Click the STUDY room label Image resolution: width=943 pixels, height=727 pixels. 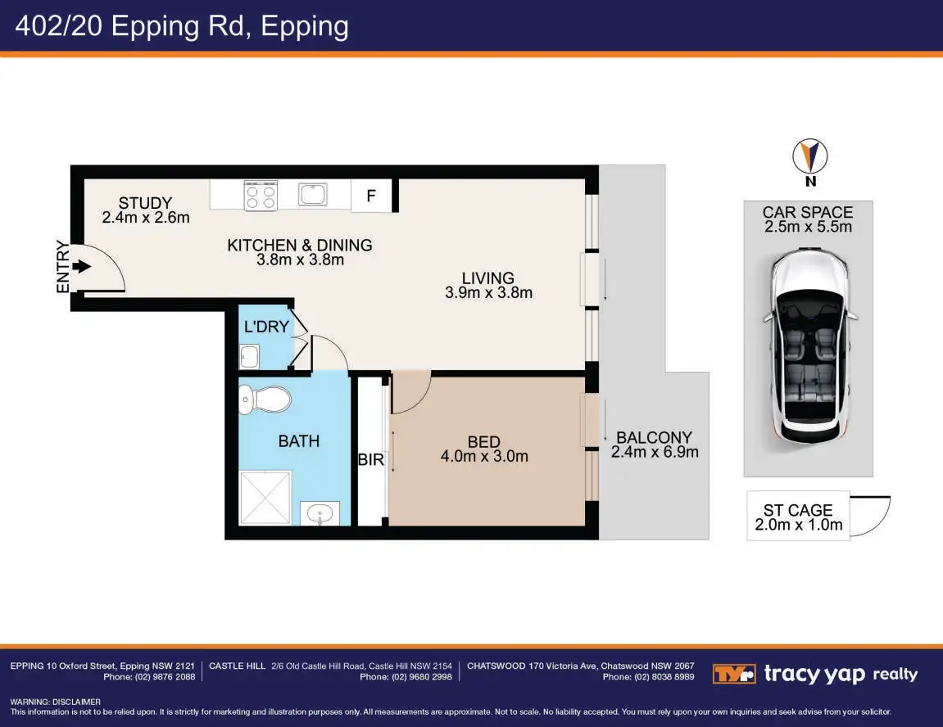coord(145,203)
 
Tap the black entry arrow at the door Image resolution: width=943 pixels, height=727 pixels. coord(81,266)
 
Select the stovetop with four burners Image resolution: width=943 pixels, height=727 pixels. coord(261,196)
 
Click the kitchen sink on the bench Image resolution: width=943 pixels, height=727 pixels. coord(313,195)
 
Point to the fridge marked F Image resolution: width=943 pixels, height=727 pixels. coord(371,196)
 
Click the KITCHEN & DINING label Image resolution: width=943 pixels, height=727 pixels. coord(300,245)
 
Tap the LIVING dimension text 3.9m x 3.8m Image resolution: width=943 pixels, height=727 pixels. coord(488,292)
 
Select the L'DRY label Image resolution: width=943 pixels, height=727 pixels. coord(266,327)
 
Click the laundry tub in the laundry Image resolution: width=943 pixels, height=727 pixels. coord(250,356)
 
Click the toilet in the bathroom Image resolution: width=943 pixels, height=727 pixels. coord(265,400)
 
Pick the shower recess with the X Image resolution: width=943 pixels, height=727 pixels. coord(265,498)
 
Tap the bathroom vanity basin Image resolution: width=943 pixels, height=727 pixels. coord(320,513)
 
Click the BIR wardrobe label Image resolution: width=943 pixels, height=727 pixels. coord(370,459)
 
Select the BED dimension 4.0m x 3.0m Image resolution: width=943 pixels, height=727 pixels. coord(484,457)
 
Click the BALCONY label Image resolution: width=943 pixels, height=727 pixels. coord(655,437)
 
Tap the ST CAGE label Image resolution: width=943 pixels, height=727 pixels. coord(798,510)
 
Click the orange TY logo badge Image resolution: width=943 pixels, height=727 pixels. coord(734,674)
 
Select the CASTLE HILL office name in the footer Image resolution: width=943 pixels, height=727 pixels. coord(237,666)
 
